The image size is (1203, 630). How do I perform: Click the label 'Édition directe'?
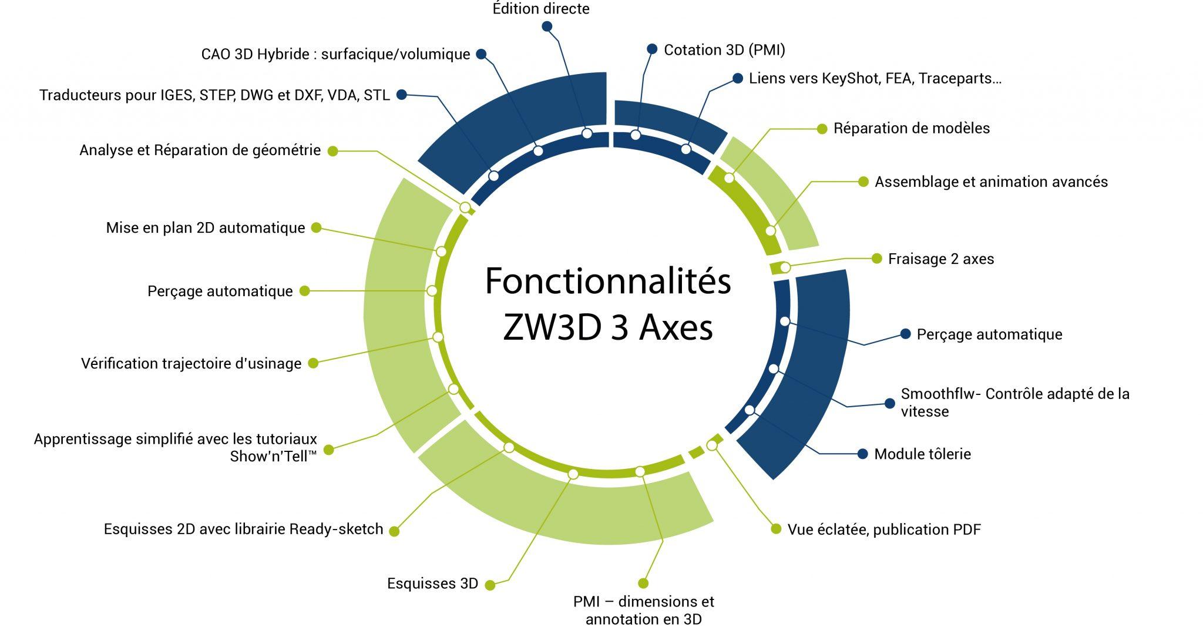[541, 9]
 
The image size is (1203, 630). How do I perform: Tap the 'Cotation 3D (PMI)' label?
[724, 50]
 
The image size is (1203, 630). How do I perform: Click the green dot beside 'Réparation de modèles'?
[822, 129]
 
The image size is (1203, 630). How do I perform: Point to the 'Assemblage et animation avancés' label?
[991, 182]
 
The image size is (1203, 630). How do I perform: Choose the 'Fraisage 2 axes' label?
[941, 259]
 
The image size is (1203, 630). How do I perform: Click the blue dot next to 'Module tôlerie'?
[862, 454]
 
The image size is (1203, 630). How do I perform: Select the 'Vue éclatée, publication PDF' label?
[884, 530]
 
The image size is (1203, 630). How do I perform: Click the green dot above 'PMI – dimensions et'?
[643, 583]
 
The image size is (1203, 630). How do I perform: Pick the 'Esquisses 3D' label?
[432, 584]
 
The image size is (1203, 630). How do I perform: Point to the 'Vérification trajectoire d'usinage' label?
[191, 364]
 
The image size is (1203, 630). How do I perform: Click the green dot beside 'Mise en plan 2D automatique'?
[316, 227]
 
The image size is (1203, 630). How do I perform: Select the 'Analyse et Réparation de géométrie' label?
[200, 150]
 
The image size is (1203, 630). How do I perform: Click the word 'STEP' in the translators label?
[217, 95]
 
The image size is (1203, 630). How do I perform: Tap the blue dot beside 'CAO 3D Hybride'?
[481, 54]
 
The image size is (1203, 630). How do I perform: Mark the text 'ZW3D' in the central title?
[552, 328]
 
